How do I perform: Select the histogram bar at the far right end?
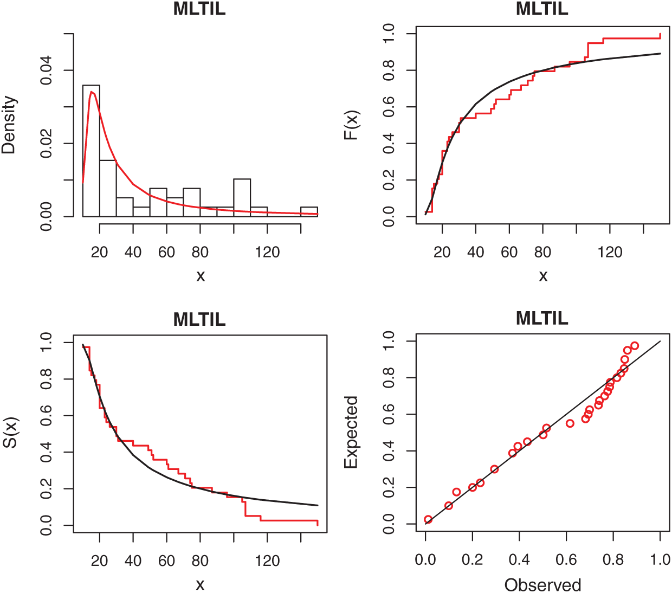(x=309, y=211)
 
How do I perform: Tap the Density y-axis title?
(x=9, y=125)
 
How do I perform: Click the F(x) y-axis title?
(x=352, y=125)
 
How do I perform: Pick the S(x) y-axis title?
(x=9, y=433)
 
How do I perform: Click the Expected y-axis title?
(x=352, y=433)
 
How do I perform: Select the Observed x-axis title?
(x=542, y=585)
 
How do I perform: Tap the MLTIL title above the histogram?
(x=199, y=9)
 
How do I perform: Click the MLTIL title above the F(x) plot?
(x=542, y=9)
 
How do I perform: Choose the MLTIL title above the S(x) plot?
(x=199, y=319)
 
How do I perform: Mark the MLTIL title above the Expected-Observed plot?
(x=542, y=318)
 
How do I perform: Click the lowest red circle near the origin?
(x=428, y=520)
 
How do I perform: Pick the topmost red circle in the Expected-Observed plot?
(x=635, y=346)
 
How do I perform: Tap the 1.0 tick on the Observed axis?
(x=660, y=559)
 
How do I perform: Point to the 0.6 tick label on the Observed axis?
(x=566, y=559)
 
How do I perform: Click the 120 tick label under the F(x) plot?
(x=610, y=252)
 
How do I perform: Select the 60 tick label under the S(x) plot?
(x=166, y=560)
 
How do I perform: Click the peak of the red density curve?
(x=92, y=92)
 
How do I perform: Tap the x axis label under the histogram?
(x=201, y=276)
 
